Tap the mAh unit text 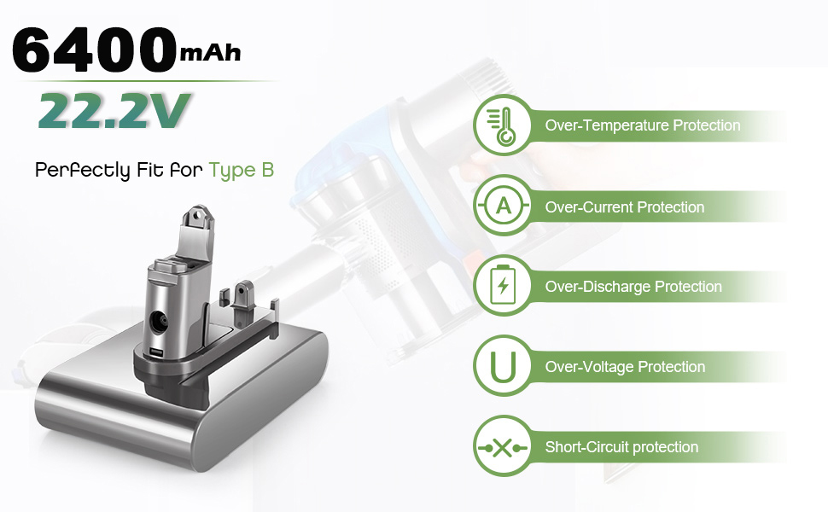210,53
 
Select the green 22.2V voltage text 114,110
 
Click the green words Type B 242,171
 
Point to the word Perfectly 83,171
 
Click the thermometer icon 503,125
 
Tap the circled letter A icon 503,206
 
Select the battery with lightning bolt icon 503,286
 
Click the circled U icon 503,366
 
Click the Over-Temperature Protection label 643,125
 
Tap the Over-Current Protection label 625,207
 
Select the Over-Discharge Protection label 633,287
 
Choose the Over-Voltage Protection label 625,367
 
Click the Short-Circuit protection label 621,447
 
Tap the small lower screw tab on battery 244,293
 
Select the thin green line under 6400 149,81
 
